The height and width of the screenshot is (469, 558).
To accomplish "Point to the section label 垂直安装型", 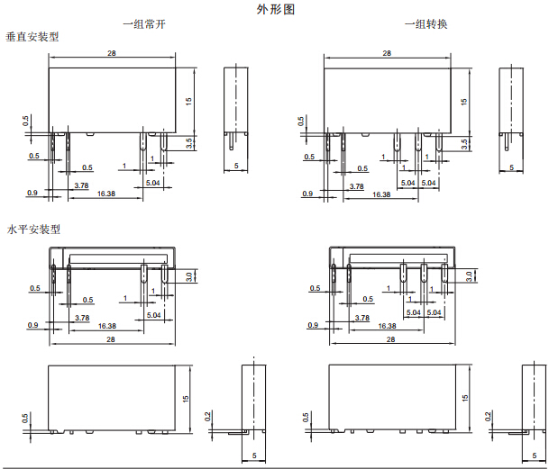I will pyautogui.click(x=32, y=37).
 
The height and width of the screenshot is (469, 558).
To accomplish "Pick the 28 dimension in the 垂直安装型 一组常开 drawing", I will pyautogui.click(x=111, y=54).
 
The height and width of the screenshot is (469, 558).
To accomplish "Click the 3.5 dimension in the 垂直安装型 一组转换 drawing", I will pyautogui.click(x=464, y=142).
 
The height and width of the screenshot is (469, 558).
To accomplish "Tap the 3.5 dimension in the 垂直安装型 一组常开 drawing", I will pyautogui.click(x=188, y=142).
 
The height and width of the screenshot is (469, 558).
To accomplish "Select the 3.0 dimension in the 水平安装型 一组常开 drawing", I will pyautogui.click(x=189, y=276).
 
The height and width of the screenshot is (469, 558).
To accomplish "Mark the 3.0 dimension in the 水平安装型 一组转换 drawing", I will pyautogui.click(x=469, y=276).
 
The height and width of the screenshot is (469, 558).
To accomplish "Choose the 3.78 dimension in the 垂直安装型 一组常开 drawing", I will pyautogui.click(x=81, y=185).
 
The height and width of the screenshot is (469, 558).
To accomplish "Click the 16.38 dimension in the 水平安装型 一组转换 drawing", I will pyautogui.click(x=388, y=326).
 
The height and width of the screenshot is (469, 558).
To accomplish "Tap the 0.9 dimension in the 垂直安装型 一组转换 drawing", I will pyautogui.click(x=307, y=194).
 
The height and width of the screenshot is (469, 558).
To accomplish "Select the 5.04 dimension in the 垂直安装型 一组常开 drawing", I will pyautogui.click(x=153, y=183).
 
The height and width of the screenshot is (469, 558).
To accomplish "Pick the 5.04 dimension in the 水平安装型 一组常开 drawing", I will pyautogui.click(x=153, y=314).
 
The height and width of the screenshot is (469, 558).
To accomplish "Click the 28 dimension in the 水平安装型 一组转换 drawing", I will pyautogui.click(x=390, y=339).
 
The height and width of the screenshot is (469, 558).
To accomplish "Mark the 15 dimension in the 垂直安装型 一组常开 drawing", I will pyautogui.click(x=188, y=101).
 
